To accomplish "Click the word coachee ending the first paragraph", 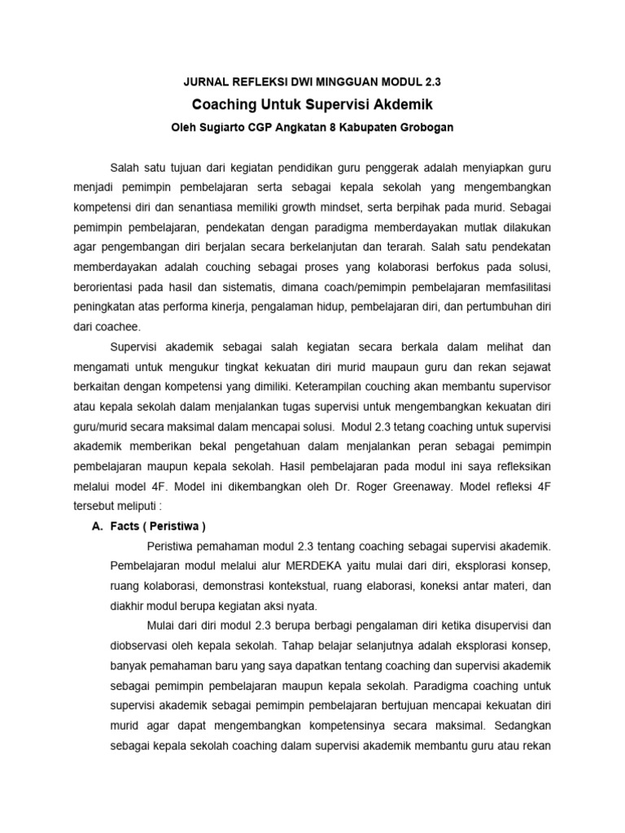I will click(118, 327).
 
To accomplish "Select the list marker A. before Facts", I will click(97, 525).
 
